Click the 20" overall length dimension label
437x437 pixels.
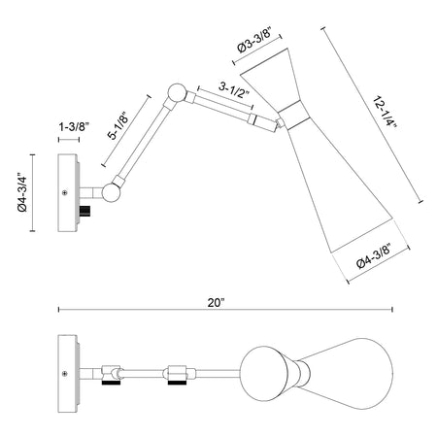[x=216, y=303]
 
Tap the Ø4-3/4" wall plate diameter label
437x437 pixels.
[x=23, y=192]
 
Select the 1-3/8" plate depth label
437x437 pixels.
[x=74, y=126]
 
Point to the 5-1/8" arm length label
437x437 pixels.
[x=118, y=125]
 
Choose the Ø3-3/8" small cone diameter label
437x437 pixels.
[x=253, y=40]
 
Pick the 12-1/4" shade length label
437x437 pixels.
[x=385, y=112]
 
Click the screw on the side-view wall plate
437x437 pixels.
[x=65, y=193]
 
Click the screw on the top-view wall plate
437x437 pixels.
[x=65, y=374]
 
